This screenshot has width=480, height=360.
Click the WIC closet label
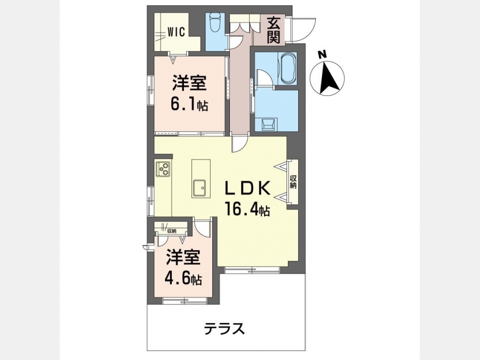pos(176,32)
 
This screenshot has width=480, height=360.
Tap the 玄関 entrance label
pos(274,30)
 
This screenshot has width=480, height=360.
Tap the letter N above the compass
pos(322,55)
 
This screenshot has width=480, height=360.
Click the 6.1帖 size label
pos(189,105)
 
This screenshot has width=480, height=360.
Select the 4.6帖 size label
pos(183,278)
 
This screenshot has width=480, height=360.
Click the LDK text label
pos(247,188)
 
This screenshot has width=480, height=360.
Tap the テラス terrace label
pos(225,329)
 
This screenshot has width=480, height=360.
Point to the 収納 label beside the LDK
pos(293,181)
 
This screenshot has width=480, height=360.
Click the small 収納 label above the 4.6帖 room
pos(172,231)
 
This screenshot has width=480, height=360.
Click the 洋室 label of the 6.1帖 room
pos(189,83)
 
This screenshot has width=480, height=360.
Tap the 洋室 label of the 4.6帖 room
pos(183,257)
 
